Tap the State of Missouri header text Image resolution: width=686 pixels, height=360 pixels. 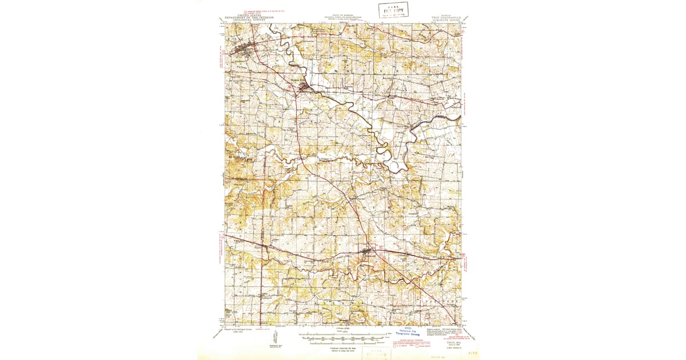point(343,18)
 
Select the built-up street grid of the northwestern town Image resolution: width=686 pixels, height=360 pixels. point(242,49)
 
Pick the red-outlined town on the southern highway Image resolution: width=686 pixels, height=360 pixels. point(369,250)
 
